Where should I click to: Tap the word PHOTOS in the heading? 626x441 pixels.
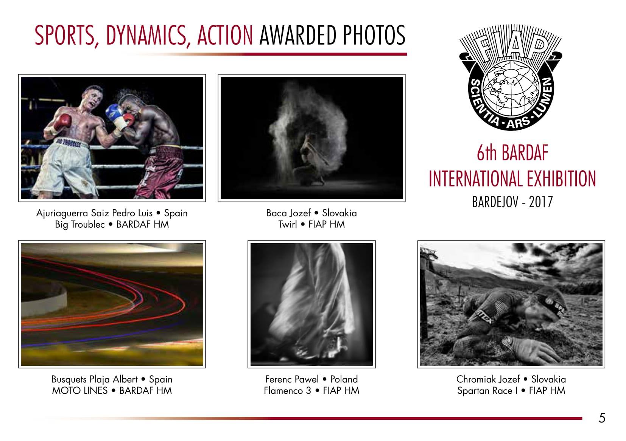click(374, 35)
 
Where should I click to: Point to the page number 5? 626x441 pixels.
click(602, 418)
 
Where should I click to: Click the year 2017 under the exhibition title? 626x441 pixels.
click(541, 202)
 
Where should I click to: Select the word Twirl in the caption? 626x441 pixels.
click(287, 224)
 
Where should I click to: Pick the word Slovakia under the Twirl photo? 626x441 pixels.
click(339, 213)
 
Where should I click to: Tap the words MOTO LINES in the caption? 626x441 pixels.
click(79, 390)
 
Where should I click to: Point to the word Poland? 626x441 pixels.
click(344, 379)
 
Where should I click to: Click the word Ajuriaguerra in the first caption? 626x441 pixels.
click(62, 213)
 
